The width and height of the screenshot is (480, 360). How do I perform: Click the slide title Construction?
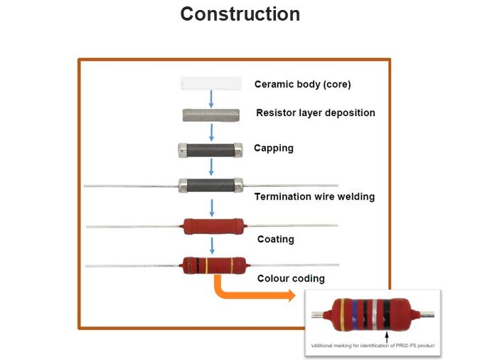[240, 14]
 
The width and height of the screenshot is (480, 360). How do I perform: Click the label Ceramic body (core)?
[302, 84]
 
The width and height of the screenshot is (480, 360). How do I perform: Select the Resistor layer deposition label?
[315, 112]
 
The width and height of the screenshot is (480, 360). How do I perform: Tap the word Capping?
[273, 149]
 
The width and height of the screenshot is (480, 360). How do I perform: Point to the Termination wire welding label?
[314, 196]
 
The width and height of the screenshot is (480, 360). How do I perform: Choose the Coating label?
[275, 239]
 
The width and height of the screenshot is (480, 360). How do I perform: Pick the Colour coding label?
[290, 278]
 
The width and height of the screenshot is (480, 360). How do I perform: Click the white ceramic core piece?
[211, 83]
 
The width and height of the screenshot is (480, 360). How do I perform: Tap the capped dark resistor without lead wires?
[211, 149]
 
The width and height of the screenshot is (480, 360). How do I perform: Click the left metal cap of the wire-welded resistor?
[183, 184]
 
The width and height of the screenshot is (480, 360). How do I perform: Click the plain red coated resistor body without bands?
[213, 226]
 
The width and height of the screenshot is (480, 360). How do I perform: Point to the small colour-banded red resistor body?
[214, 265]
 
